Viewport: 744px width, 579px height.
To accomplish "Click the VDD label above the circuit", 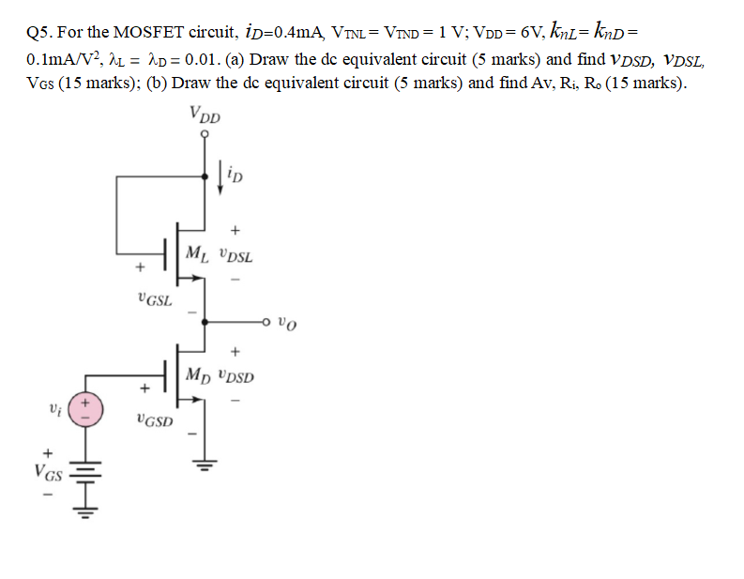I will coord(205,115).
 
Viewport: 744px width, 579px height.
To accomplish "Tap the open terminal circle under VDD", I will coord(205,133).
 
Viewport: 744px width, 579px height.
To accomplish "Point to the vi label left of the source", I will coord(54,410).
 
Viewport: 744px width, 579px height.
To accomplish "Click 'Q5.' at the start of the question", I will coord(41,32).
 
